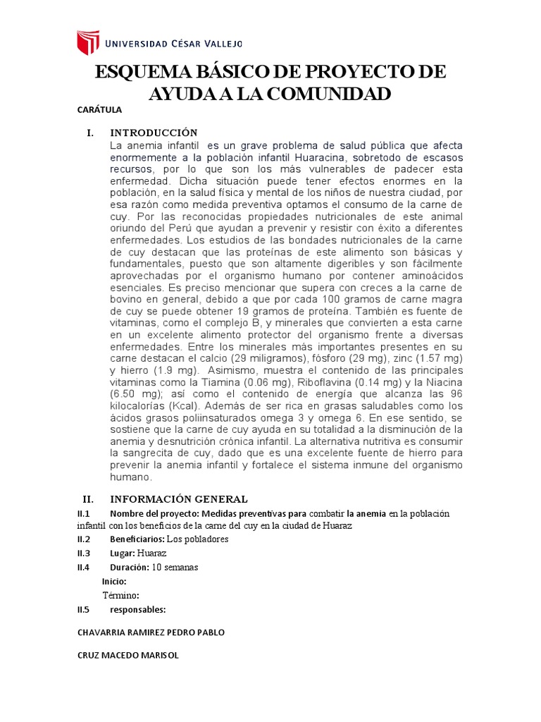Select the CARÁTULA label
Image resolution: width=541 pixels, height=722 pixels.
click(99, 110)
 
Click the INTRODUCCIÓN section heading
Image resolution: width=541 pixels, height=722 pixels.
click(154, 133)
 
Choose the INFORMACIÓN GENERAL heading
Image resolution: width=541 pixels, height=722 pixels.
click(178, 499)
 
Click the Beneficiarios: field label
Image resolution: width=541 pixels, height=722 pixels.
click(137, 539)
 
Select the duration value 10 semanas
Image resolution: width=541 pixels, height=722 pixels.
click(175, 567)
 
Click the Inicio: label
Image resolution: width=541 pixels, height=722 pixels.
click(114, 581)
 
